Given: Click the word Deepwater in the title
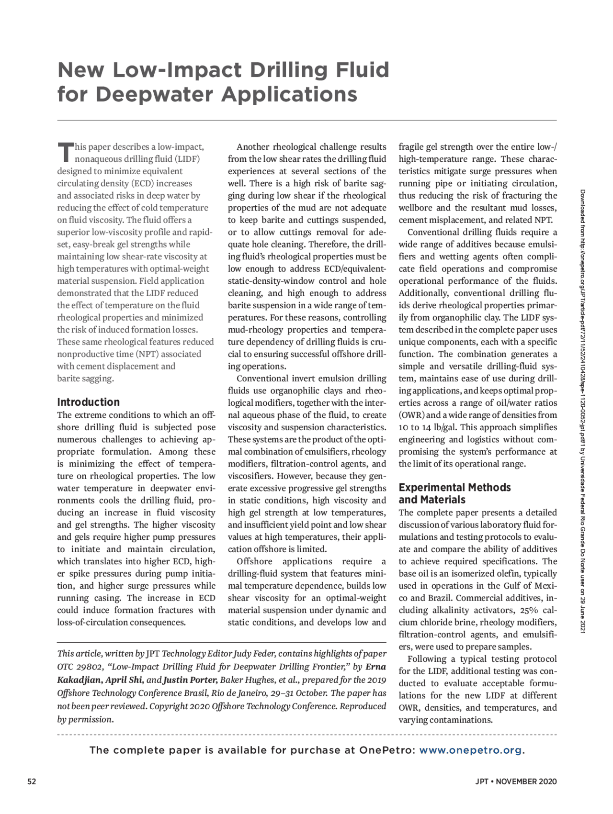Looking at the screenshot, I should tap(155, 94).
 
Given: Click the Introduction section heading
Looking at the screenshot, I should tap(88, 402).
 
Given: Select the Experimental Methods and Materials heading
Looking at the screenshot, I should tap(454, 493).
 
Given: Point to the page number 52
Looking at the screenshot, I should tap(32, 781).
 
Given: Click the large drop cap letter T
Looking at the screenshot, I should tap(65, 152).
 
